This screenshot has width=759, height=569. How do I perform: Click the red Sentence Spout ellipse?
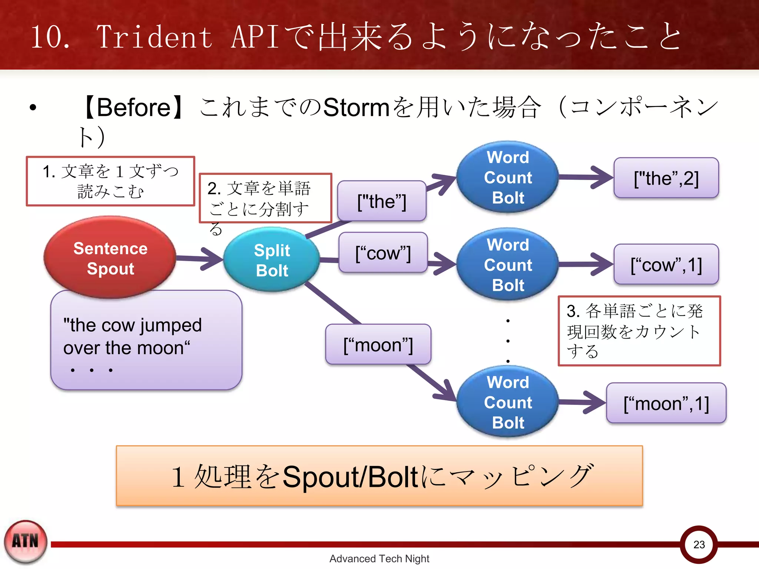click(110, 257)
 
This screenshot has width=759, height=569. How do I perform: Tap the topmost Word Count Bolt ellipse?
click(507, 177)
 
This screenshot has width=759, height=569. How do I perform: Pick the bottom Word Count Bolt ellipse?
click(507, 402)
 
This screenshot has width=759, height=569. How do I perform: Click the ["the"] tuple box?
click(382, 201)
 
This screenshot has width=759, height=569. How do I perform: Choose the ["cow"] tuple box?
click(383, 253)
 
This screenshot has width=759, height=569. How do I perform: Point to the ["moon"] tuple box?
click(378, 345)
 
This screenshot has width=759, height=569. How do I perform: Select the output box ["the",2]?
click(666, 178)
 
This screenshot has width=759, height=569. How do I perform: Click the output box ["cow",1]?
click(666, 264)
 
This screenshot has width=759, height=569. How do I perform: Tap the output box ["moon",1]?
click(666, 403)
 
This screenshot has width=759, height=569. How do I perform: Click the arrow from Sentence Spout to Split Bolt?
click(200, 258)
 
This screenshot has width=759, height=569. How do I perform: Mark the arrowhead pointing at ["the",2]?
click(602, 177)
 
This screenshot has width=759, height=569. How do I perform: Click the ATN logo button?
click(26, 541)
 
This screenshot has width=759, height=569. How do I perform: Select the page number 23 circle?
click(699, 544)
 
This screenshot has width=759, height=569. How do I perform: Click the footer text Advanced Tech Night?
click(379, 558)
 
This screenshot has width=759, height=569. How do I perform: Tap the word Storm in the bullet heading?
click(356, 108)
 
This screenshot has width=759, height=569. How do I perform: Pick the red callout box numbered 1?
click(110, 181)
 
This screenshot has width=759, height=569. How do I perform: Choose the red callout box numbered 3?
click(639, 331)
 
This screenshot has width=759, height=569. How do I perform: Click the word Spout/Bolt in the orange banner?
click(350, 477)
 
